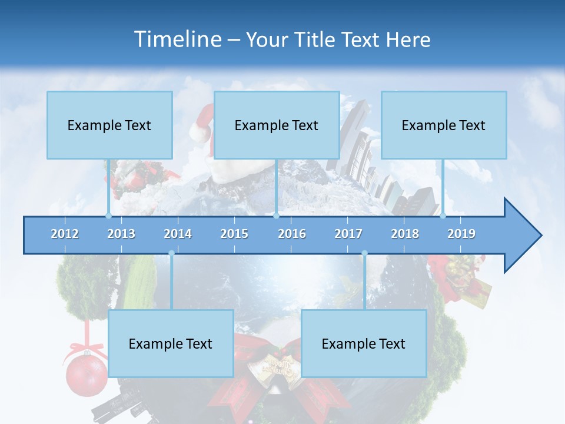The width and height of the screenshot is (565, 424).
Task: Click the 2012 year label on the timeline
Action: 65,234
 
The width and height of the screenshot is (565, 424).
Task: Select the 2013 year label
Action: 121,234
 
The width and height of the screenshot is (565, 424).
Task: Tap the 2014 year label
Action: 178,234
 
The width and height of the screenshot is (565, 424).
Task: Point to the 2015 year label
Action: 234,234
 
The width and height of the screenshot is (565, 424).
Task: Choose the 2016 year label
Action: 292,234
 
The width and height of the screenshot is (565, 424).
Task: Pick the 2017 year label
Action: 348,234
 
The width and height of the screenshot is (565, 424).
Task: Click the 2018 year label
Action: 405,234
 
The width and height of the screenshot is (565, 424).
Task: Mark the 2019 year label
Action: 461,234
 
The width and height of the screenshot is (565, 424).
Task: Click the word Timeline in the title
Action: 177,39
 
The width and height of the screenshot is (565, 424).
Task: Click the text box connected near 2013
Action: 109,125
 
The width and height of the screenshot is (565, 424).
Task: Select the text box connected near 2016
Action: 277,125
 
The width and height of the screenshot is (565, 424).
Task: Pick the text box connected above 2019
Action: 444,125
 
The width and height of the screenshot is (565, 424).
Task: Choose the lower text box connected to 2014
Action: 171,343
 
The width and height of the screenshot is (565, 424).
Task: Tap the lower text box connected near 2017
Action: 364,343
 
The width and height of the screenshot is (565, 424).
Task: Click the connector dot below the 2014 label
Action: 171,253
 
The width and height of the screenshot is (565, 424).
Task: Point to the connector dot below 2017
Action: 364,253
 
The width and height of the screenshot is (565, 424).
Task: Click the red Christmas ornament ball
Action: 86,375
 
